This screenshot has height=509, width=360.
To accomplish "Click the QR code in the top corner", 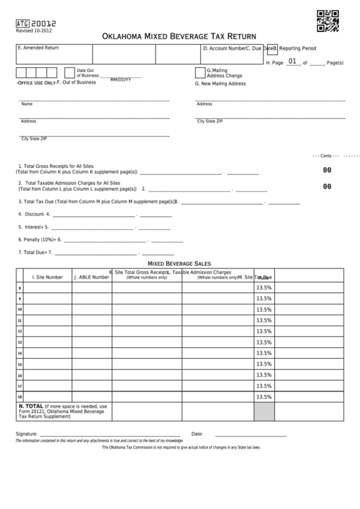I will click(x=327, y=22).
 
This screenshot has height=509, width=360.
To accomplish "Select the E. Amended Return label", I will click(x=39, y=48).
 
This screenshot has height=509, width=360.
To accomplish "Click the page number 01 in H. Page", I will click(x=292, y=62).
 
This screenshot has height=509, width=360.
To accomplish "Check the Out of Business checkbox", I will click(x=69, y=73).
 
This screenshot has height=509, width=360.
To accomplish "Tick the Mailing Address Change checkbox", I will click(x=200, y=73).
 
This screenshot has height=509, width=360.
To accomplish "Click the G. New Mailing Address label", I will click(x=220, y=84).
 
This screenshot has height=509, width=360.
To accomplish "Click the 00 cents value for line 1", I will click(x=327, y=170).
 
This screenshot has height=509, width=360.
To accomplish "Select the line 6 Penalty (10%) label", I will click(x=39, y=239).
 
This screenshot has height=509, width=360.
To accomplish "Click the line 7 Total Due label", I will click(x=34, y=253).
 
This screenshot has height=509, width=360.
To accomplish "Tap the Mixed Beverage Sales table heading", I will click(x=179, y=263).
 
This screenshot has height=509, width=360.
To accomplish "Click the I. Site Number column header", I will click(x=48, y=277).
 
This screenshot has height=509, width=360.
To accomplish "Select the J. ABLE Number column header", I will click(x=92, y=277).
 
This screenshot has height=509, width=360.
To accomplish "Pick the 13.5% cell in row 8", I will click(x=264, y=288).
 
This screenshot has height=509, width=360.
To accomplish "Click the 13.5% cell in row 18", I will click(x=264, y=397).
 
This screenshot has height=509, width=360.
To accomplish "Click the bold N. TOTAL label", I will click(x=31, y=406).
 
